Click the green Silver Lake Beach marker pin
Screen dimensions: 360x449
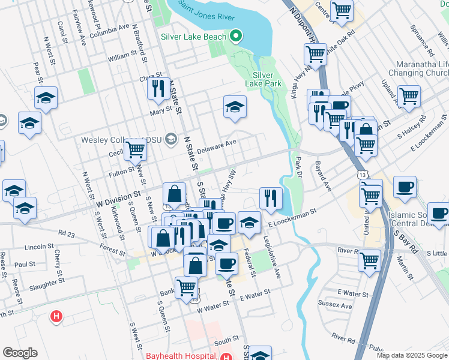tap(236, 36)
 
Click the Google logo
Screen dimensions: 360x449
tap(20, 353)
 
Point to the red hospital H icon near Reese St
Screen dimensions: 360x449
tap(56, 315)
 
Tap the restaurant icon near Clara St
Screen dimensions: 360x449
tap(158, 88)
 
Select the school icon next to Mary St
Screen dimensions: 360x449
tap(235, 107)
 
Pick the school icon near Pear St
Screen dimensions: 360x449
tap(46, 98)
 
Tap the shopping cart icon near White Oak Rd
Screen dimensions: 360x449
tap(315, 54)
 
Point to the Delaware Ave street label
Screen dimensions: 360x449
tap(217, 145)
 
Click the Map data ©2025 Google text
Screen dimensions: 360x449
tap(411, 355)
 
